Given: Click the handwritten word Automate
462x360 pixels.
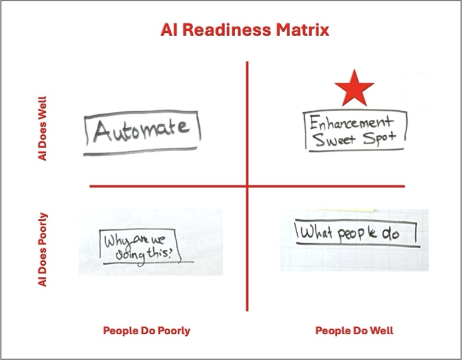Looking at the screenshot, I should tap(142, 130).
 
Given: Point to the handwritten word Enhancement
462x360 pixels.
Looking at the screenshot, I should tap(351, 122).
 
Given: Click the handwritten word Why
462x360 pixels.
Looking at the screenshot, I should tap(114, 240).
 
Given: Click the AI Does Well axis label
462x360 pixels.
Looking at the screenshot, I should tap(43, 129).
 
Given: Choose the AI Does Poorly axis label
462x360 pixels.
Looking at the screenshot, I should tap(43, 249).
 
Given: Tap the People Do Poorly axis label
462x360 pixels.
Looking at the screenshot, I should tap(147, 331).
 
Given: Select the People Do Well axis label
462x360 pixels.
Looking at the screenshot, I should tap(354, 331).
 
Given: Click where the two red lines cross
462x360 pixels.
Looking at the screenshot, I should tap(247, 187).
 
